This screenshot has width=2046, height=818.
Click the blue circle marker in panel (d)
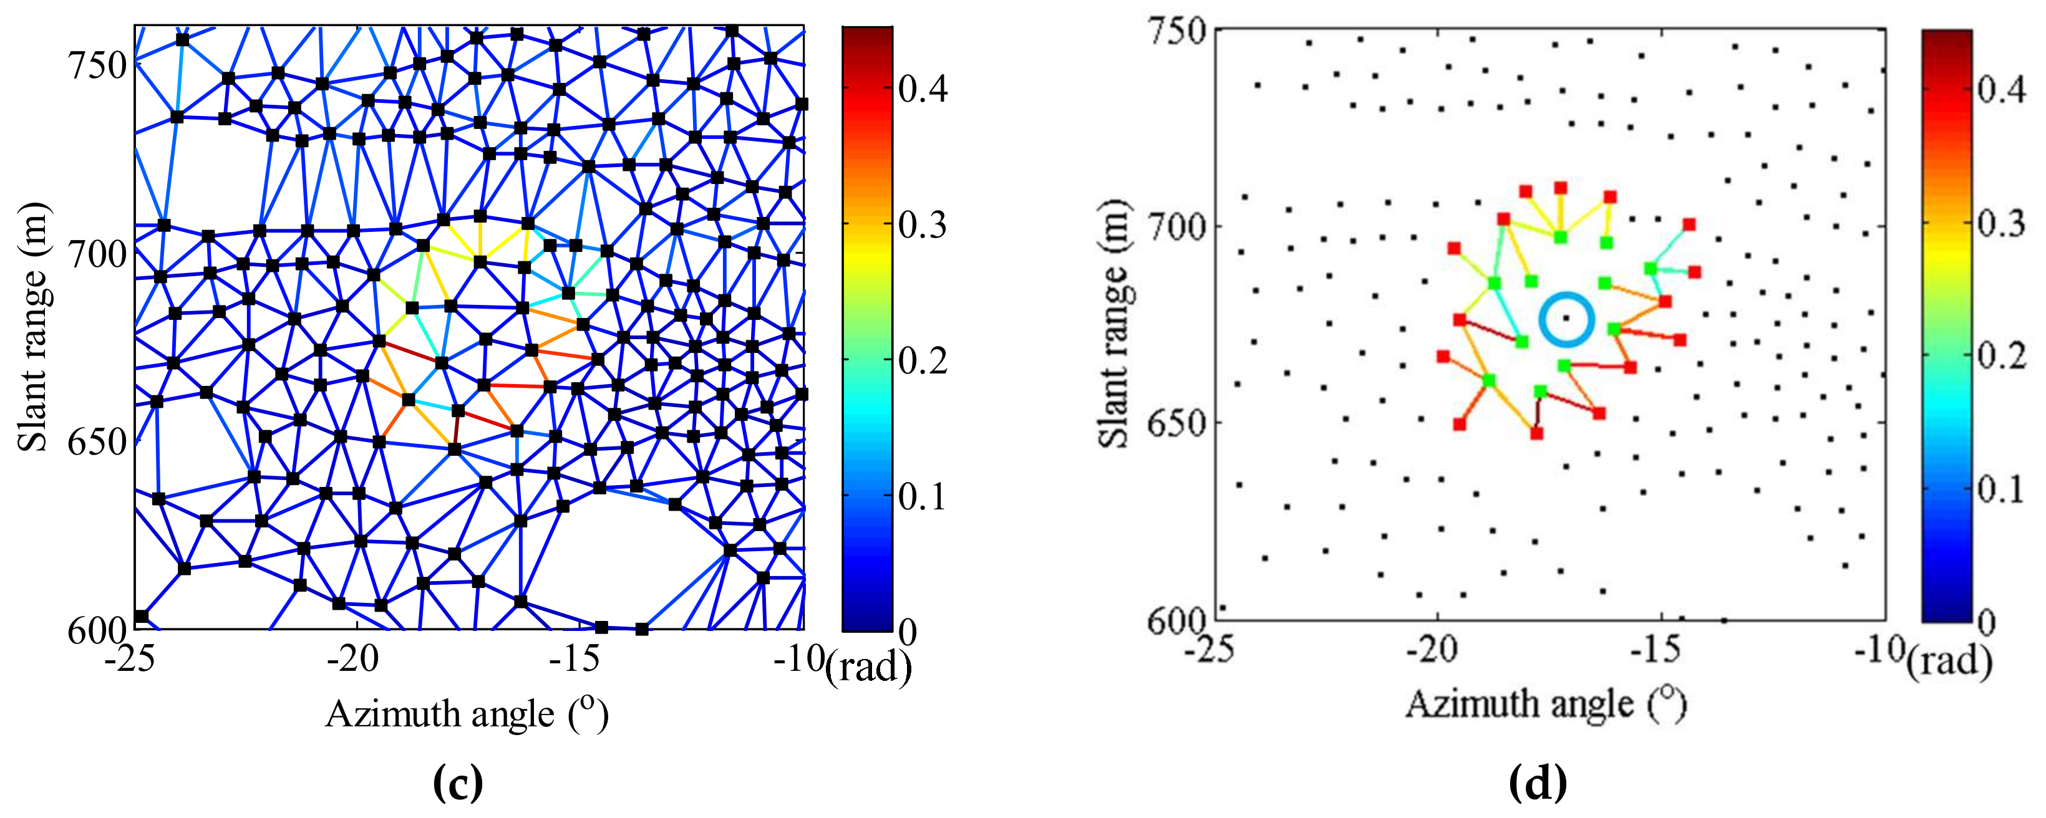1566,319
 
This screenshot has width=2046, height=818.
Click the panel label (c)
458,782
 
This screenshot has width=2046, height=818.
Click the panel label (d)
1538,782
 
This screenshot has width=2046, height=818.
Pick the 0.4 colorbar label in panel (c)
923,89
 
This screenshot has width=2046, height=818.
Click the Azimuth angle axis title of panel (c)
467,714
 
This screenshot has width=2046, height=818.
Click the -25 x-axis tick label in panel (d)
1209,650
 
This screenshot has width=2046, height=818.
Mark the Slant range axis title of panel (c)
33,327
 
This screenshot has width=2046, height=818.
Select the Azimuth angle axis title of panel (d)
1546,705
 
